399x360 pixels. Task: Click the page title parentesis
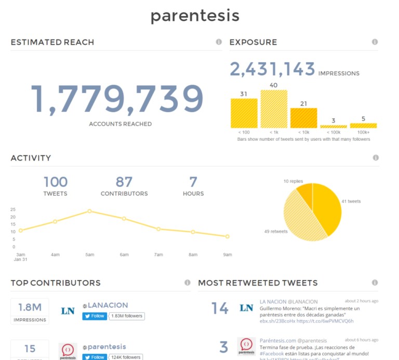tap(195, 16)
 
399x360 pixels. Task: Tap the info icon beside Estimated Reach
tap(219, 42)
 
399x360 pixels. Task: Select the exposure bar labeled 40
tap(274, 109)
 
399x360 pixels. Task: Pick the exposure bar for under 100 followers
tap(244, 113)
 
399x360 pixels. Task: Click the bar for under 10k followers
tap(303, 118)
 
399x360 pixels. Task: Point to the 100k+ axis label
tap(363, 133)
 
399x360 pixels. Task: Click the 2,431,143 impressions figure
tap(273, 70)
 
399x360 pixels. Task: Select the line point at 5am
tap(89, 211)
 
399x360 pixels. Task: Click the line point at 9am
tap(228, 236)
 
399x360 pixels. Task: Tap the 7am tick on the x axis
tap(158, 255)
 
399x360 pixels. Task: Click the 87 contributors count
tap(124, 182)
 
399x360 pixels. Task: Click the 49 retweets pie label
tap(275, 231)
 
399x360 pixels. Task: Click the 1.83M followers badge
tap(126, 316)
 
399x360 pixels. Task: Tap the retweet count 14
tap(220, 309)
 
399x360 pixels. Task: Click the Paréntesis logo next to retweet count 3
tap(246, 347)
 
